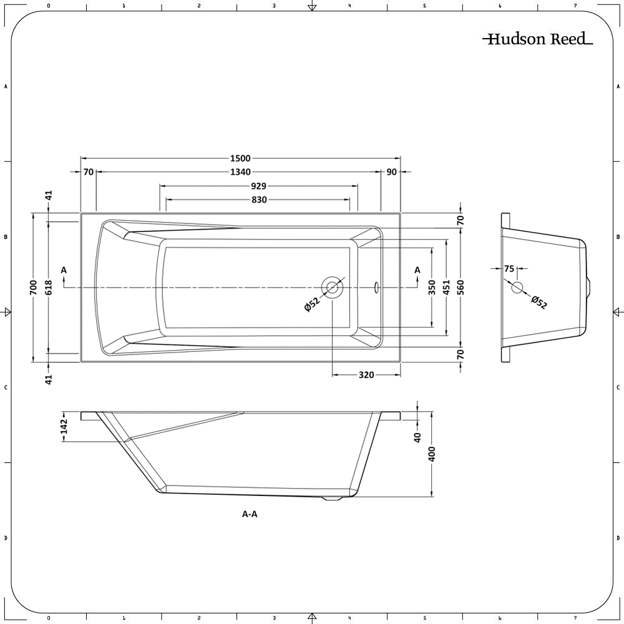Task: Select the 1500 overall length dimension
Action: pyautogui.click(x=240, y=159)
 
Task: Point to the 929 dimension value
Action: pyautogui.click(x=259, y=186)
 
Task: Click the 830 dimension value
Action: pyautogui.click(x=259, y=200)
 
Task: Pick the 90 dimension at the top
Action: pyautogui.click(x=391, y=172)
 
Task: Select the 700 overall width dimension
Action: pyautogui.click(x=34, y=287)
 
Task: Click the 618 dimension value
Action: pyautogui.click(x=49, y=287)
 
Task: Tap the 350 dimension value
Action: pyautogui.click(x=432, y=287)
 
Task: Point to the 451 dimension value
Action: pyautogui.click(x=446, y=287)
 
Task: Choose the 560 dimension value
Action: pyautogui.click(x=461, y=287)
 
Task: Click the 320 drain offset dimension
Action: pyautogui.click(x=366, y=375)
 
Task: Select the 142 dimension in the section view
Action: pyautogui.click(x=64, y=426)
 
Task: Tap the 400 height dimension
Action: pyautogui.click(x=432, y=454)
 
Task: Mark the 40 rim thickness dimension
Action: pyautogui.click(x=418, y=437)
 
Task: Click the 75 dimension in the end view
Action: pyautogui.click(x=509, y=269)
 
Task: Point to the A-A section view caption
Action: pyautogui.click(x=250, y=514)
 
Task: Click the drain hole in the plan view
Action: pyautogui.click(x=332, y=287)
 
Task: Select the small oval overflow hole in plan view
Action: pyautogui.click(x=376, y=287)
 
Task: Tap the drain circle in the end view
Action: pyautogui.click(x=517, y=288)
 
